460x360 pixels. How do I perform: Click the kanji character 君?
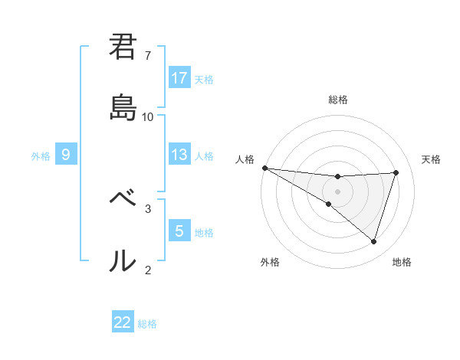123,47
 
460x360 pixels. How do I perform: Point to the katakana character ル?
123,261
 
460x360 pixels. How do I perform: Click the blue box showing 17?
179,78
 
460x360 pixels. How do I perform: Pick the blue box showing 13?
179,155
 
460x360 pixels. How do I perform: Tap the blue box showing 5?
179,231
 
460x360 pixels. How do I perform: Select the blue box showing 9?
66,155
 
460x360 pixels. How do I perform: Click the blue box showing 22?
123,322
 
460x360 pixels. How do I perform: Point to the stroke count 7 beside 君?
148,56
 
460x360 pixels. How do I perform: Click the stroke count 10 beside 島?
148,117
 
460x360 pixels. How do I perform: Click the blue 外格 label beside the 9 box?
41,155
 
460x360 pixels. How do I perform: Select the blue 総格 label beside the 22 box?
147,324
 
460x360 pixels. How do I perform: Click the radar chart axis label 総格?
338,100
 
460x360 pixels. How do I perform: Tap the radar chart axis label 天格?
432,159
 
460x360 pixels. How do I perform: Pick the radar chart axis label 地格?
402,262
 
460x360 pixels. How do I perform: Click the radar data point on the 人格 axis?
264,168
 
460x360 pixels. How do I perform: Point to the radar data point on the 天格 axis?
396,172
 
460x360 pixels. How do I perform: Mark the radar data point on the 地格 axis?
374,242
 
